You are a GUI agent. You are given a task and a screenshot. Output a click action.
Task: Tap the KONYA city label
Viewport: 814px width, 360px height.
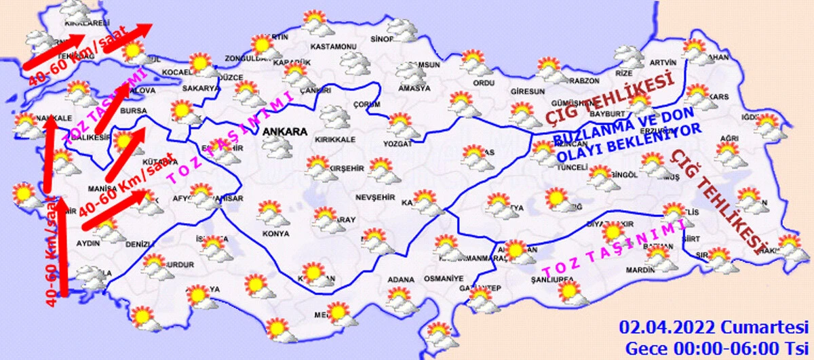coord(275,234)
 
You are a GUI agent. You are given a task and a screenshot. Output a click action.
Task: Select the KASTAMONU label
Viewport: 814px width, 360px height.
coord(333,47)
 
